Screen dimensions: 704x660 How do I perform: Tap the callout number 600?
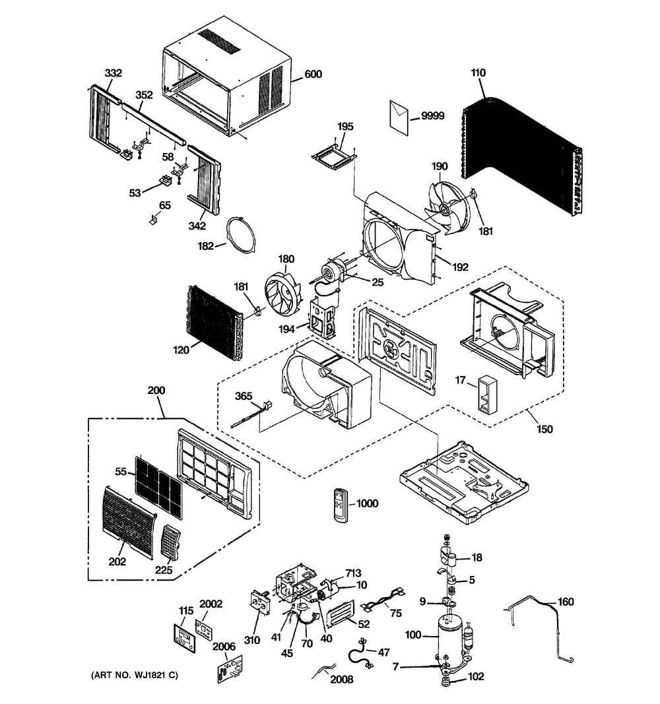click(x=313, y=75)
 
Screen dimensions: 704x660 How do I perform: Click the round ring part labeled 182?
click(x=240, y=234)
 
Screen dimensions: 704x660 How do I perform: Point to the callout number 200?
click(x=156, y=391)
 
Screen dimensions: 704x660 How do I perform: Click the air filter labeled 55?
click(x=158, y=486)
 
